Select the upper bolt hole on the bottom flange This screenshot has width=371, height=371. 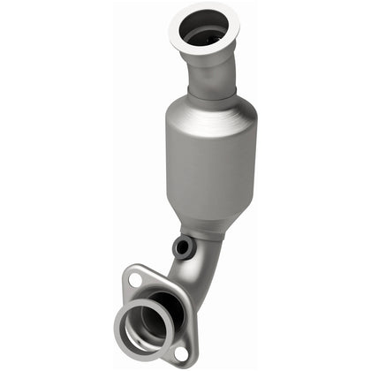point(135,281)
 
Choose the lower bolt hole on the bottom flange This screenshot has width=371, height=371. point(180,352)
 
